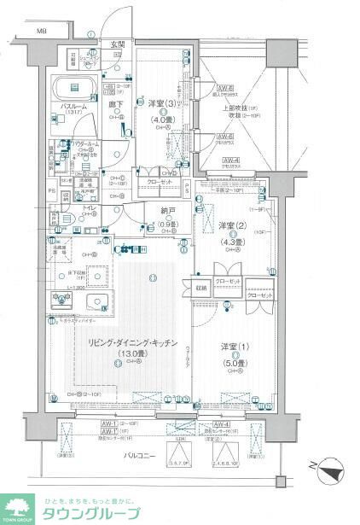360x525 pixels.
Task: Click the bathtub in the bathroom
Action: [x=76, y=88]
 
